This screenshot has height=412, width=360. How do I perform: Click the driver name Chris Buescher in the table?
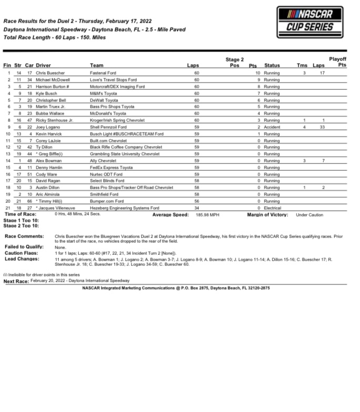point(50,73)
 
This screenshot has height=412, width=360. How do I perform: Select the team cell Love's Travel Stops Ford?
point(113,79)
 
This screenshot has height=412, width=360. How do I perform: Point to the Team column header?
point(96,65)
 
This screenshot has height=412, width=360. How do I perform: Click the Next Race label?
point(16,282)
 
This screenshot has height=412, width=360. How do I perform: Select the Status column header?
point(272,65)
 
